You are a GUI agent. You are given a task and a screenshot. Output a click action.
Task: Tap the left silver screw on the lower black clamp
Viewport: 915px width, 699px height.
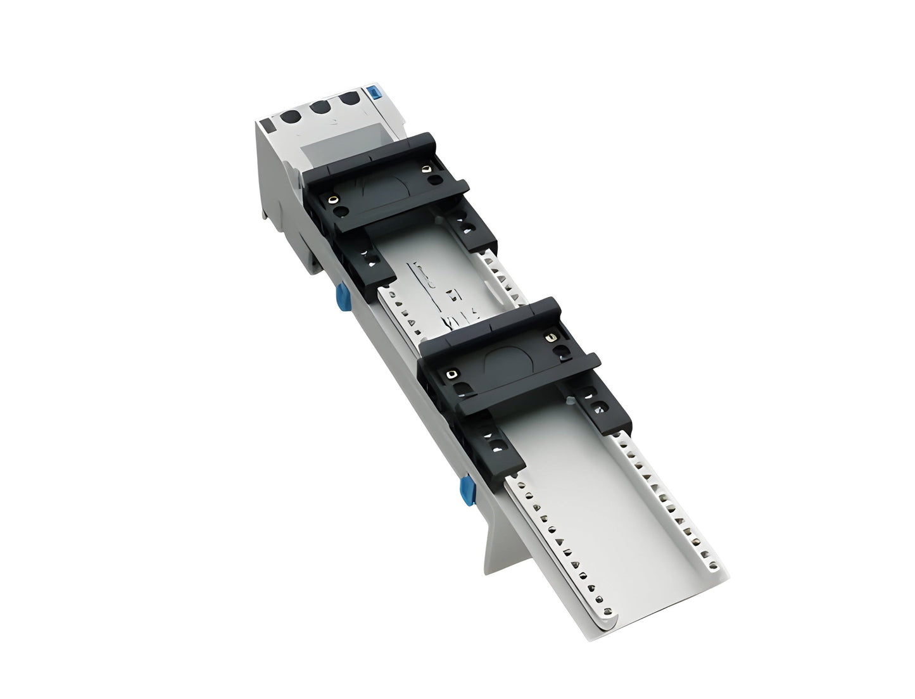[x=451, y=374]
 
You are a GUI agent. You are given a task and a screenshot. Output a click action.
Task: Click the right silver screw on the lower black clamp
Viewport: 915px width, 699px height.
[x=549, y=336]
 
